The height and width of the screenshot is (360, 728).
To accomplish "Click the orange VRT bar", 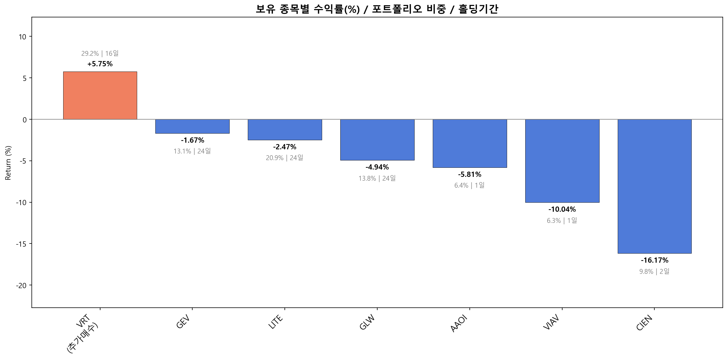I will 100,96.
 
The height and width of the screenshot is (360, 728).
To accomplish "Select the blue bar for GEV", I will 192,126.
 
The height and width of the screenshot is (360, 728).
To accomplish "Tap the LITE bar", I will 285,130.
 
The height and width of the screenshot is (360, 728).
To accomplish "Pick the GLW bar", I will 377,140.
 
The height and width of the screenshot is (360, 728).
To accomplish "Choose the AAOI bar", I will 470,143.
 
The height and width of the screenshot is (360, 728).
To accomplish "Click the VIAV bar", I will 562,161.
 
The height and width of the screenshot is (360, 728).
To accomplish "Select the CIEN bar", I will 654,186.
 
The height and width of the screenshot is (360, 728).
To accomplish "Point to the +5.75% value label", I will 100,64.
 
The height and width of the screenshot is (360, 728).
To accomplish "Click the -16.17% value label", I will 654,260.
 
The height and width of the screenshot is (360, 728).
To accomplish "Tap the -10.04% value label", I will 562,209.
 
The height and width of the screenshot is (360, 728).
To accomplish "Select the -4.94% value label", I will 377,167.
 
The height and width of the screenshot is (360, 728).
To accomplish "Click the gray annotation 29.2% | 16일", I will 100,53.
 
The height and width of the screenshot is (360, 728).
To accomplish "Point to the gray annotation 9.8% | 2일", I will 654,271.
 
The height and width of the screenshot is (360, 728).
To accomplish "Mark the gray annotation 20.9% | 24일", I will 284,158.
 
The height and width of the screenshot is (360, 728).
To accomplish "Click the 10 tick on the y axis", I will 22,37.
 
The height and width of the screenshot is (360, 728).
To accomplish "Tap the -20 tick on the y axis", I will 21,285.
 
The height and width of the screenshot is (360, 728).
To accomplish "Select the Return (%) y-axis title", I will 8,163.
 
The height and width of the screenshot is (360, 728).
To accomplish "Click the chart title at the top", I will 377,9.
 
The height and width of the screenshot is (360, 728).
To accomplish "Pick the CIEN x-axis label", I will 644,323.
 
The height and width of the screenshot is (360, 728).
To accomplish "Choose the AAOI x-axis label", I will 459,324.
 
